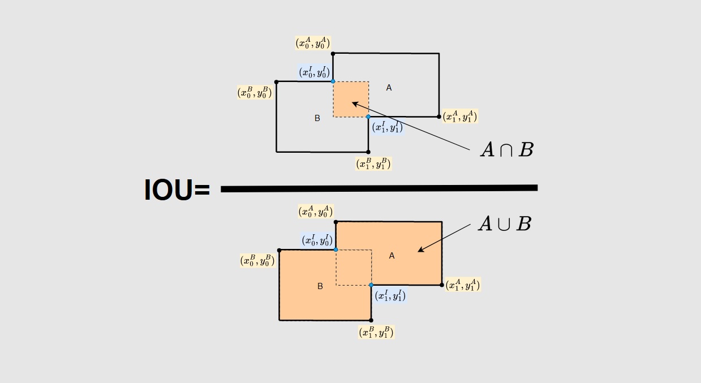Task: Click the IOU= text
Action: tap(177, 190)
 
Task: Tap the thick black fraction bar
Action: tap(379, 188)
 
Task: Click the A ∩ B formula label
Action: tap(507, 149)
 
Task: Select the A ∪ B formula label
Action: tap(505, 223)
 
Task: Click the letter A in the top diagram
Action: tap(389, 88)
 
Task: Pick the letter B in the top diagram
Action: tap(317, 118)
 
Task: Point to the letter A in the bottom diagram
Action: tap(392, 256)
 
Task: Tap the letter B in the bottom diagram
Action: tap(320, 286)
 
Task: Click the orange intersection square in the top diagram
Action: tap(351, 99)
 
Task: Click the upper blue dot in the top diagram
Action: tap(333, 81)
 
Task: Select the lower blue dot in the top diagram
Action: tap(368, 117)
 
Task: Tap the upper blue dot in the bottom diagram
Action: tap(336, 249)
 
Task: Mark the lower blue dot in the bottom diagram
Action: tap(371, 285)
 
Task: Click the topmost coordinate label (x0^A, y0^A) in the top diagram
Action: tap(313, 43)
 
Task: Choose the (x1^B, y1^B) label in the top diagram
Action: tap(373, 163)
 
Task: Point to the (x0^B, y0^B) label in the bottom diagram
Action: tap(257, 260)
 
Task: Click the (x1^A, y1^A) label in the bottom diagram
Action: tap(463, 285)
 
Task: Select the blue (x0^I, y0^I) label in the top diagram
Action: tap(315, 72)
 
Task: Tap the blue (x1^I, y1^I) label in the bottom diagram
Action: tap(390, 296)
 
